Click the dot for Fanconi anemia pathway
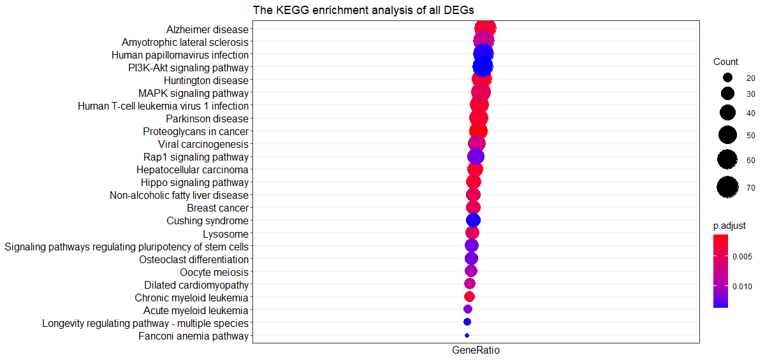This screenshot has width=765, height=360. tap(467, 335)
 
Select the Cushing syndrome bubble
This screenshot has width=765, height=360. tap(473, 220)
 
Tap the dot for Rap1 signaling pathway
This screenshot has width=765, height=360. tap(476, 157)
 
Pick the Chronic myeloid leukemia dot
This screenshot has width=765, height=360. tap(469, 296)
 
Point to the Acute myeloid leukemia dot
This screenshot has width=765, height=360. tap(468, 309)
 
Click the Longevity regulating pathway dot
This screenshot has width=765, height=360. tap(467, 322)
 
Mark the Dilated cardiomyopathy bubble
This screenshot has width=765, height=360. tap(470, 284)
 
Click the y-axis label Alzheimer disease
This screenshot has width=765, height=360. tap(207, 30)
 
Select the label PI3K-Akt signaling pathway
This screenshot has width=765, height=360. tap(188, 68)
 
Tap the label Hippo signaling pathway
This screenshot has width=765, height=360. tap(194, 183)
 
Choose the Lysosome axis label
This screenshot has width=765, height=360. tap(226, 234)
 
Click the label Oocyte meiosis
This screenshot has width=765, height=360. tap(214, 272)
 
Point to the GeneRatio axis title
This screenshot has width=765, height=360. tap(476, 350)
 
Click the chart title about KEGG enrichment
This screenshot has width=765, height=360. tap(363, 10)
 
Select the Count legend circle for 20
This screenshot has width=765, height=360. tap(727, 78)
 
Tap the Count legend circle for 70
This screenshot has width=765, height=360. tap(727, 187)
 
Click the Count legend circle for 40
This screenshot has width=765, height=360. tap(727, 113)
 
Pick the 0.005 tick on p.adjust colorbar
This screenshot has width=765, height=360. tap(742, 257)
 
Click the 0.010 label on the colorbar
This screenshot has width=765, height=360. tap(742, 287)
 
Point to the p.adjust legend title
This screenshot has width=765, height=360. tap(729, 226)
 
